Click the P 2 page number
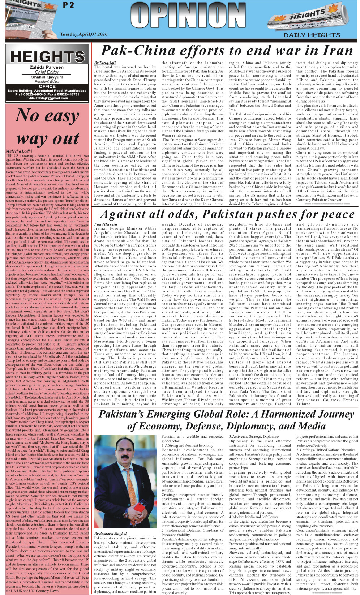[x=68, y=5]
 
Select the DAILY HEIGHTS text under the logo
[x=312, y=35]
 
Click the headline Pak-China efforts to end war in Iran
[x=227, y=51]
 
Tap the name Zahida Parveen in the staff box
[x=47, y=67]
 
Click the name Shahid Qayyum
[x=47, y=77]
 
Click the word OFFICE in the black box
[x=47, y=86]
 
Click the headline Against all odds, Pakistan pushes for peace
[x=228, y=214]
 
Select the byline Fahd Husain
[x=106, y=224]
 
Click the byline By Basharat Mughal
[x=110, y=533]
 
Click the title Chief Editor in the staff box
[x=47, y=72]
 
